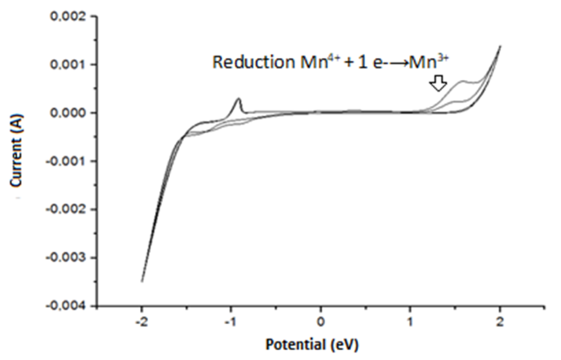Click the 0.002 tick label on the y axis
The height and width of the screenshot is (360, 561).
coord(68,16)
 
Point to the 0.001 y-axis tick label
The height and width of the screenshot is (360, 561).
coord(68,65)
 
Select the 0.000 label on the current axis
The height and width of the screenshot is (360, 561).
coord(68,113)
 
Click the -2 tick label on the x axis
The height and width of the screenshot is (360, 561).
coord(141,322)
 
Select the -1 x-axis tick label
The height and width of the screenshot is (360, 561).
coord(230,322)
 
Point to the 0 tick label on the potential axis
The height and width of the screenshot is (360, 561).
coord(320,322)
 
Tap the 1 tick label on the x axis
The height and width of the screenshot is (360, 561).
coord(410,322)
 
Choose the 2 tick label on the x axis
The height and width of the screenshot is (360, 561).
coord(500,322)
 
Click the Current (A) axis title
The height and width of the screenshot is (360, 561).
coord(16,150)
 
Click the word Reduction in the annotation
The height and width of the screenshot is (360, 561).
coord(253,62)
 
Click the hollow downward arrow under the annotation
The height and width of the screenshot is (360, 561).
coord(438,83)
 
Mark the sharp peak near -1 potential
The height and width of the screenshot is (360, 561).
coord(238,99)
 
